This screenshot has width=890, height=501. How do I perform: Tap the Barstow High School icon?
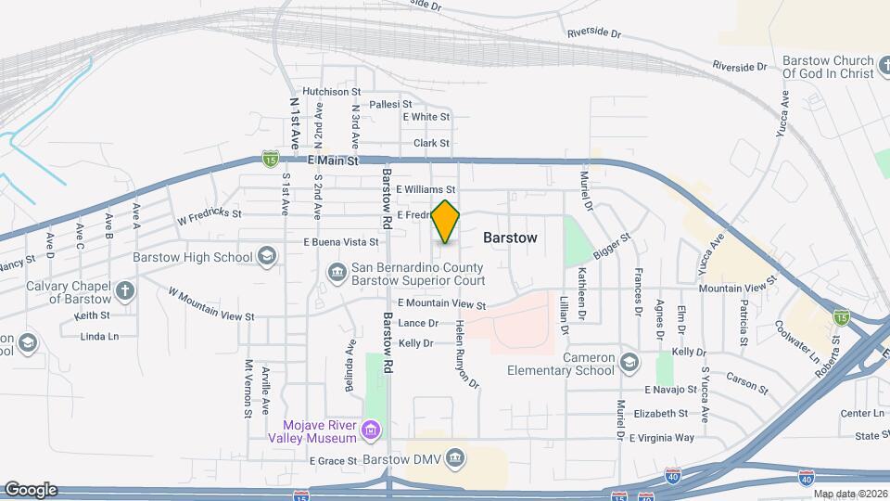[267, 257]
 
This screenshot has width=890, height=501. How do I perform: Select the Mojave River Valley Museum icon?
[371, 430]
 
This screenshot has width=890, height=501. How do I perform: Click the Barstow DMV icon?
[455, 457]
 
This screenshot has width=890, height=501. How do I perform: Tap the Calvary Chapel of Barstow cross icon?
[125, 290]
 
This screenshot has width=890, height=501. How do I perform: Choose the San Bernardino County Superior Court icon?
[337, 271]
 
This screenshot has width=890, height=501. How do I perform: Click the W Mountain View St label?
[211, 304]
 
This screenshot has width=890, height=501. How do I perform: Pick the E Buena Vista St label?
[342, 242]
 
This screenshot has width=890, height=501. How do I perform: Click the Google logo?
[31, 490]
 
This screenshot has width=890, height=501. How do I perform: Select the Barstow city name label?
[510, 238]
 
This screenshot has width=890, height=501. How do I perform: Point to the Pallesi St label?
[390, 105]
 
